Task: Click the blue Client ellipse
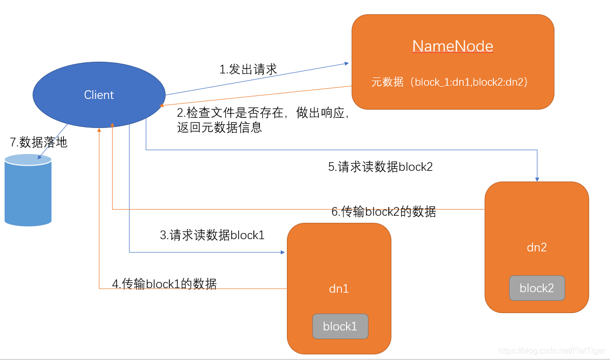coord(99,95)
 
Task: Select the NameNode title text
coord(453,46)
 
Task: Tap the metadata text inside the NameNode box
coord(449,82)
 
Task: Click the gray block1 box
coord(340,326)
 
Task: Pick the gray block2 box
coord(537,288)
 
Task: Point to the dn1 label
coord(339,289)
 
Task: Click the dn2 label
coord(537,247)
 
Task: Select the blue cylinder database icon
coord(28,190)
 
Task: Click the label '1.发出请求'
coord(248,69)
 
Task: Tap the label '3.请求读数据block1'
coord(212,235)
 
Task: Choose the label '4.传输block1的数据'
coord(164,284)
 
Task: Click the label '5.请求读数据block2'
coord(380,167)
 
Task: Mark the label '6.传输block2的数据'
coord(384,212)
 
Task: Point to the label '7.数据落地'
coord(39,143)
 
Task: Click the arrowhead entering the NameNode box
coord(347,64)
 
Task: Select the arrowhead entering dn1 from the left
coord(282,252)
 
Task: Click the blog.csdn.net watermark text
coord(551,351)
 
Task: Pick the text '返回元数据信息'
coord(219,127)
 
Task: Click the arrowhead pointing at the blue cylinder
coord(39,158)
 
